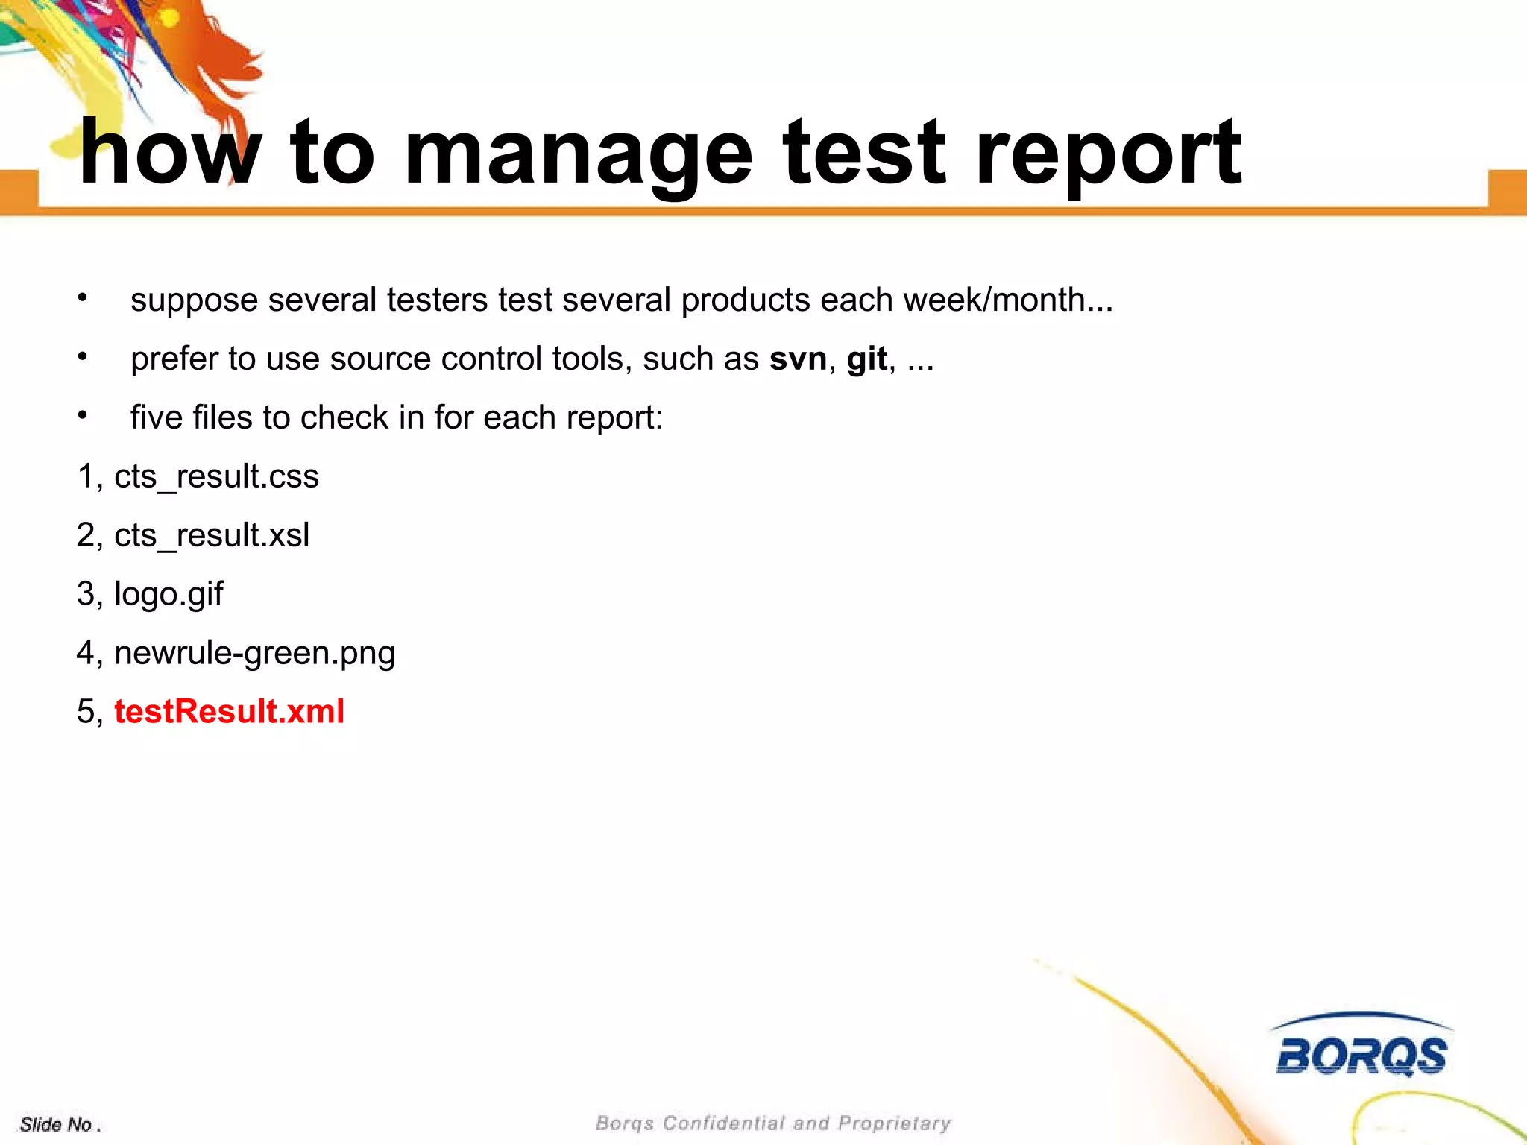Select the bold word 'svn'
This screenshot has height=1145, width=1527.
click(798, 359)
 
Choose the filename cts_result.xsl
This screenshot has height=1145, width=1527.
click(212, 535)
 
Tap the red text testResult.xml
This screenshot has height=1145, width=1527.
click(229, 712)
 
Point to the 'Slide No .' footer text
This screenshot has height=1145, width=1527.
click(60, 1124)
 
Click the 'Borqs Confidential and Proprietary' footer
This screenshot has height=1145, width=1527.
click(773, 1123)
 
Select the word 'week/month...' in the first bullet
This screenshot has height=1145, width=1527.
click(1008, 300)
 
